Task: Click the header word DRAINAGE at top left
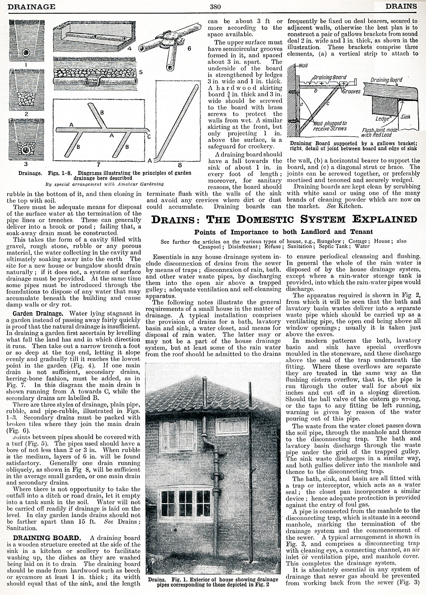coord(31,6)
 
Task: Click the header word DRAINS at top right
coord(401,6)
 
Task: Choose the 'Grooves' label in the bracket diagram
coord(352,92)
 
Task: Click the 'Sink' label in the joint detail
coord(405,117)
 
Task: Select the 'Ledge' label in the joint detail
coord(382,119)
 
